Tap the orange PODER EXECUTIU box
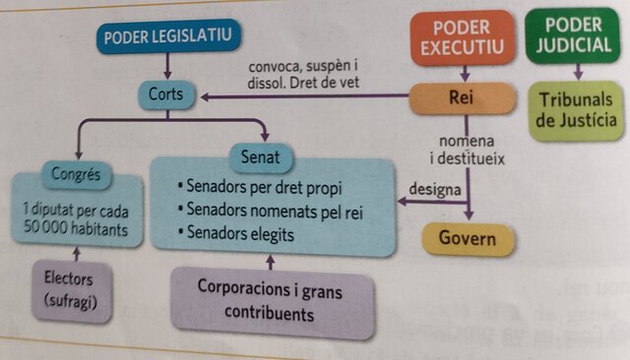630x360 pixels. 462,37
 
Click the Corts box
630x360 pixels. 166,95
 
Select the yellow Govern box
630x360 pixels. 468,238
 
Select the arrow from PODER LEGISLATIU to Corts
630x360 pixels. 168,67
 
